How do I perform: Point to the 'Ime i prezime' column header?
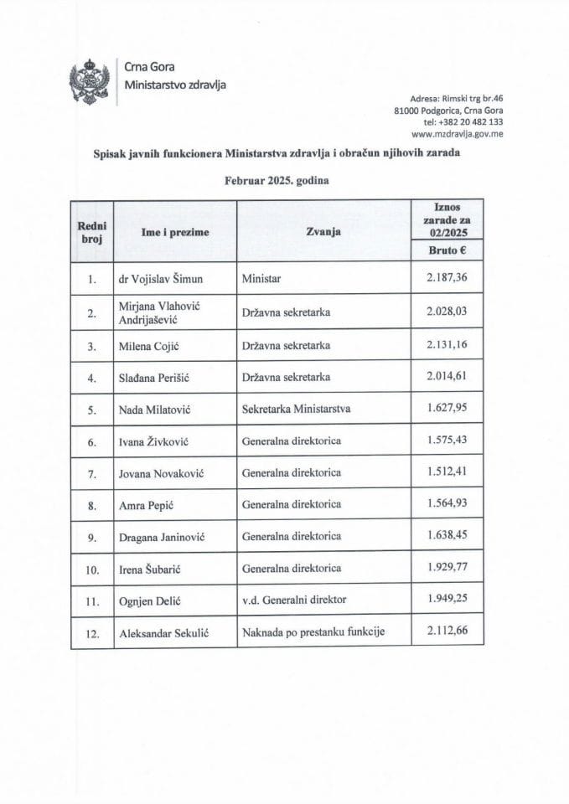point(175,232)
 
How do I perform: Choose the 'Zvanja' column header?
point(323,232)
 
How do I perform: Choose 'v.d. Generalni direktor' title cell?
point(293,600)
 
